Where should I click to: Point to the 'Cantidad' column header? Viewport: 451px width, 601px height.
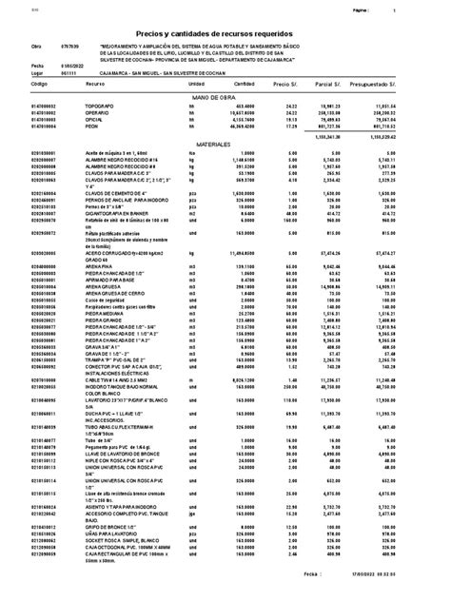pos(239,83)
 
